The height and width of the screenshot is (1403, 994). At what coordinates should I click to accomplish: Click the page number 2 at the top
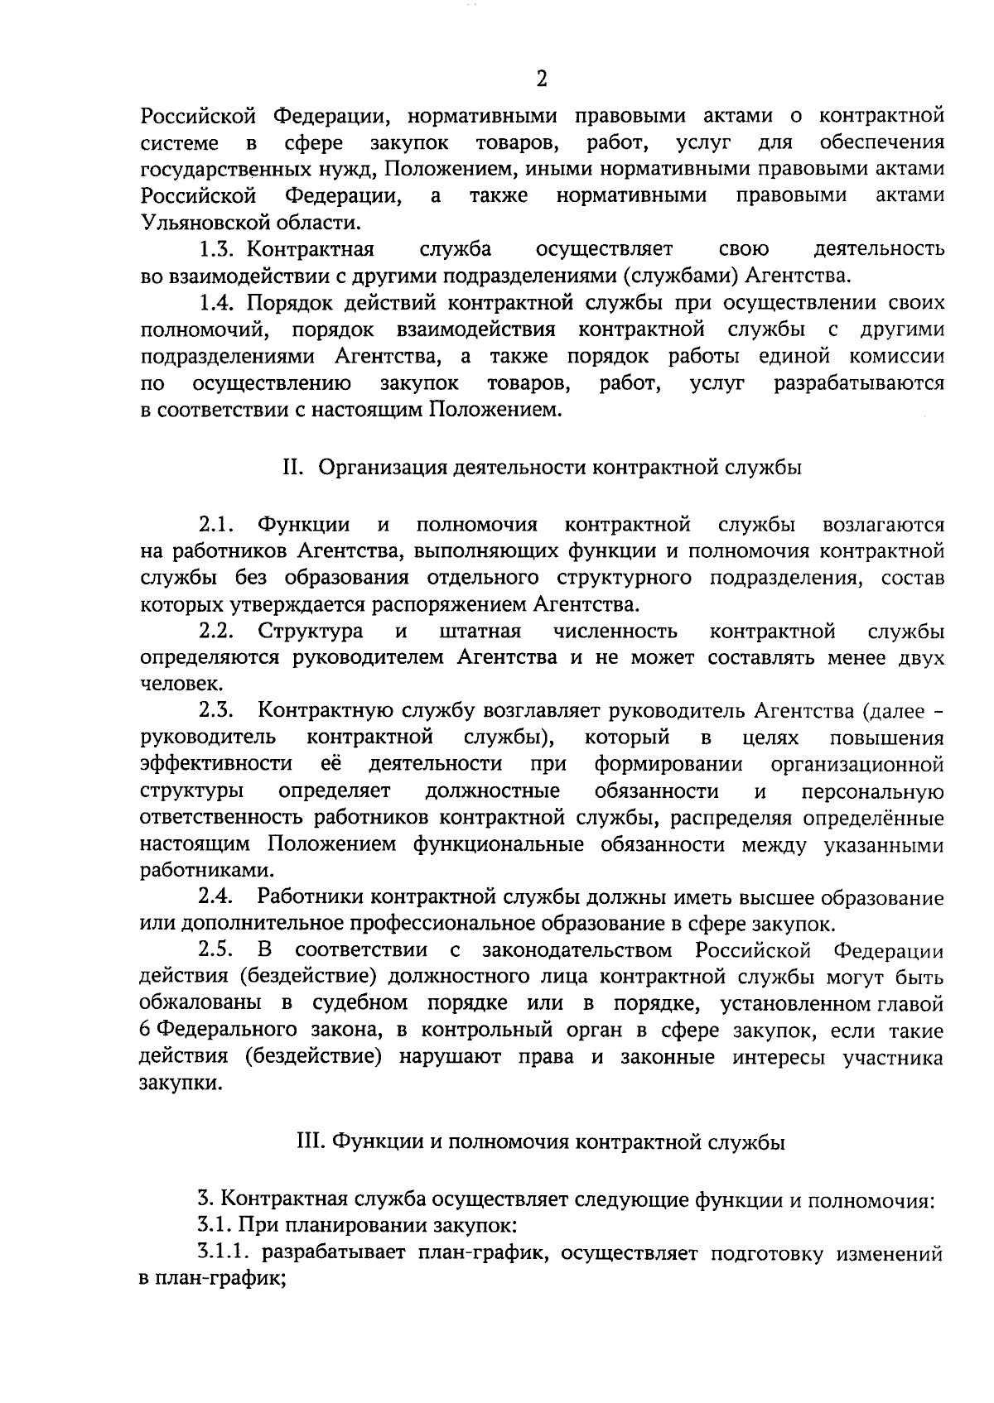coord(541,79)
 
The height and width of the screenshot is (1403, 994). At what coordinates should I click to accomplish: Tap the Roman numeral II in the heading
coord(291,468)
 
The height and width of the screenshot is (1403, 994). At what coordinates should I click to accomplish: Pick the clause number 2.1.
coord(217,525)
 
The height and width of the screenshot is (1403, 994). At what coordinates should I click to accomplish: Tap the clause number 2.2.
coord(216,632)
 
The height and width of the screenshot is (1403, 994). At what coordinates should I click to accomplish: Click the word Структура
coord(311,632)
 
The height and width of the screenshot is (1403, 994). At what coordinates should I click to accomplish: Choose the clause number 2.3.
coord(216,710)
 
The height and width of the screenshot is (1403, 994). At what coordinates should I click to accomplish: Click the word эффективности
coord(216,763)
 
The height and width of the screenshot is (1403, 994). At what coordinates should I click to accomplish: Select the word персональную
coord(873,791)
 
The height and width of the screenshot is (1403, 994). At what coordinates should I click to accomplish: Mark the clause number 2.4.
coord(216,897)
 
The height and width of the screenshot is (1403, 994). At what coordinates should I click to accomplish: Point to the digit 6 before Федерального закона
coord(145,1031)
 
